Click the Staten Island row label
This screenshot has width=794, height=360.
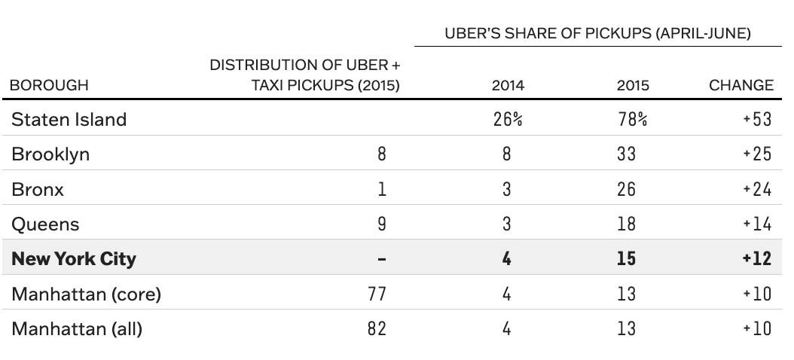coord(69,119)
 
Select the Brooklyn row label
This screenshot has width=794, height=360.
coord(50,154)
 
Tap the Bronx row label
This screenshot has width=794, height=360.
coord(38,189)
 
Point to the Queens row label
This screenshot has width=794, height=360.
coord(45,224)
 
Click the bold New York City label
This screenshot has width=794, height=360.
coord(74,258)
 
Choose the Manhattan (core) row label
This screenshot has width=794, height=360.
coord(87,294)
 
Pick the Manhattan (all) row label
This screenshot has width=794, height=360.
coord(77,328)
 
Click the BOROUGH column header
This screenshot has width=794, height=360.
coord(49,85)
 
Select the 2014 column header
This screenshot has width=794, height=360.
coord(508,85)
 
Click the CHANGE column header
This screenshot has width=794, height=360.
coord(741,85)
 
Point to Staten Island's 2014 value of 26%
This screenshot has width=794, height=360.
coord(508,119)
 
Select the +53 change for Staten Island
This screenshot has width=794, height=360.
coord(757,119)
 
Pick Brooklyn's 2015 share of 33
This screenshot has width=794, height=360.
coord(626,154)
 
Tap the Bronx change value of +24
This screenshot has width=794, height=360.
coord(757,189)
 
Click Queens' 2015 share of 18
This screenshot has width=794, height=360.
coord(626,224)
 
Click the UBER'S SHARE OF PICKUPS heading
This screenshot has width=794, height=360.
coord(597,34)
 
